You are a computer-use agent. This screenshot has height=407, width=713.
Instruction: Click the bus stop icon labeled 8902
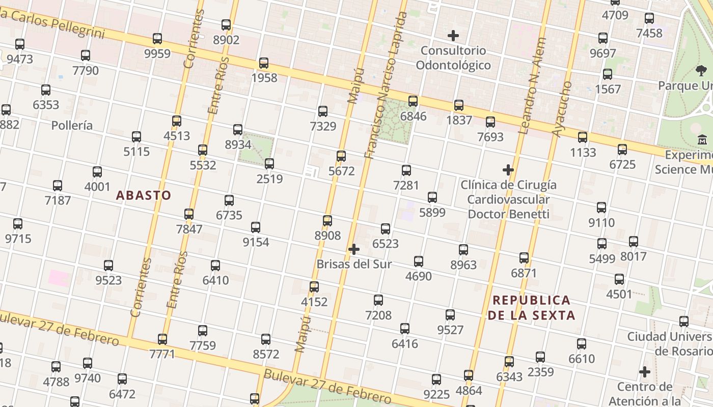click(226, 24)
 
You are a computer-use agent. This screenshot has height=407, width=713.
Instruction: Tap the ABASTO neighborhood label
click(144, 195)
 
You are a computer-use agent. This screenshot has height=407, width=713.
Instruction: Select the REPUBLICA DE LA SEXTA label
click(531, 308)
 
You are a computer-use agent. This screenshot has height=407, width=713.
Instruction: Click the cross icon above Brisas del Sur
click(353, 249)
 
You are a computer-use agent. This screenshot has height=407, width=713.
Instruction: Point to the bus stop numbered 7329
click(322, 111)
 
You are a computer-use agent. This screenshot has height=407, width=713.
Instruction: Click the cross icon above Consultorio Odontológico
click(453, 36)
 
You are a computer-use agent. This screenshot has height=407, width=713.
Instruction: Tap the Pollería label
click(72, 125)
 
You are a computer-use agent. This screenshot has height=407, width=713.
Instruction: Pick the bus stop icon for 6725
click(622, 150)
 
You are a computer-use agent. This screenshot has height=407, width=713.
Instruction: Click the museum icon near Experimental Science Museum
click(702, 139)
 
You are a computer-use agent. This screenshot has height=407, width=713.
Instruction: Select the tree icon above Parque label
click(701, 71)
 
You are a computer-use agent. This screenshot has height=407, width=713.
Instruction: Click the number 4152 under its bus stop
click(314, 302)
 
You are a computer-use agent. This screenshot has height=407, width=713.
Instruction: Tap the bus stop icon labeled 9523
click(108, 266)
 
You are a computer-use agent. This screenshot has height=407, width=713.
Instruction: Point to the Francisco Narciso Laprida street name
click(386, 85)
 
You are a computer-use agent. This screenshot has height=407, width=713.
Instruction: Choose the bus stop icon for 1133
click(583, 137)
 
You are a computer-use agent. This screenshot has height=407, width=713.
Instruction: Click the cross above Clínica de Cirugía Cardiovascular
click(508, 170)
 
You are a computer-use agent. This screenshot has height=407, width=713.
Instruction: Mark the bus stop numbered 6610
click(582, 344)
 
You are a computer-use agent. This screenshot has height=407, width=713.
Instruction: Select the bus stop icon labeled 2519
click(269, 164)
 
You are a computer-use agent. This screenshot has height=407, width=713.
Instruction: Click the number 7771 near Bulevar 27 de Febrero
click(162, 354)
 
